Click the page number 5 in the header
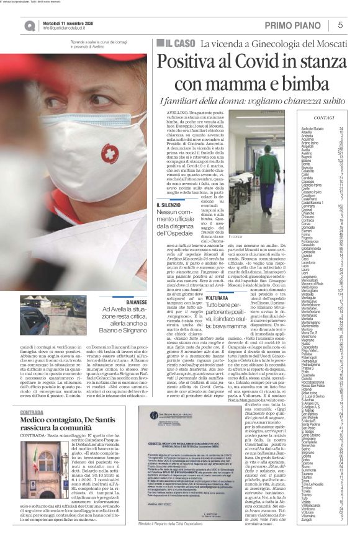point(340,25)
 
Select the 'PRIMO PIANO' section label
point(298,25)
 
